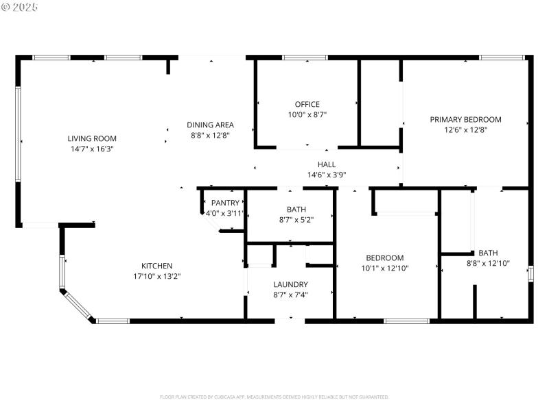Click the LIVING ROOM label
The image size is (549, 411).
tap(91, 138)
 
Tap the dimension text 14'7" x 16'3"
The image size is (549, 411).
tap(91, 149)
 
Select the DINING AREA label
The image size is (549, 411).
tap(210, 125)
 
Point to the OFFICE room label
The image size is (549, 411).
tap(307, 104)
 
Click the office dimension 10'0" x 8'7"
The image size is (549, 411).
tap(307, 115)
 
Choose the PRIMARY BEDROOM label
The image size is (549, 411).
tap(465, 119)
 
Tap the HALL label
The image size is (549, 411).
tap(327, 164)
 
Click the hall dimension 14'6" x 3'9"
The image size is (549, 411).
tap(327, 175)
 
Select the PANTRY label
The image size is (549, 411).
tap(225, 203)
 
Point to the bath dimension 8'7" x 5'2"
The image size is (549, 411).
tap(296, 220)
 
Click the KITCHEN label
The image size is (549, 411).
tap(156, 266)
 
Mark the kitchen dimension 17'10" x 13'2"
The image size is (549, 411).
tap(156, 277)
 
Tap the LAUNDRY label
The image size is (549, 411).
tap(290, 284)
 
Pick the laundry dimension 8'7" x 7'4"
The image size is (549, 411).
tap(290, 295)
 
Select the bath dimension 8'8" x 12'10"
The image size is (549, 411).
tap(488, 263)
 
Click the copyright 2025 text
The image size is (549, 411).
tap(20, 6)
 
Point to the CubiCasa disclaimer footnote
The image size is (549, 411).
tap(274, 397)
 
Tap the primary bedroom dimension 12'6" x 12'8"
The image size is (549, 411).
tap(465, 130)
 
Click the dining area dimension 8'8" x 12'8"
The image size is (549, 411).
tap(210, 136)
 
